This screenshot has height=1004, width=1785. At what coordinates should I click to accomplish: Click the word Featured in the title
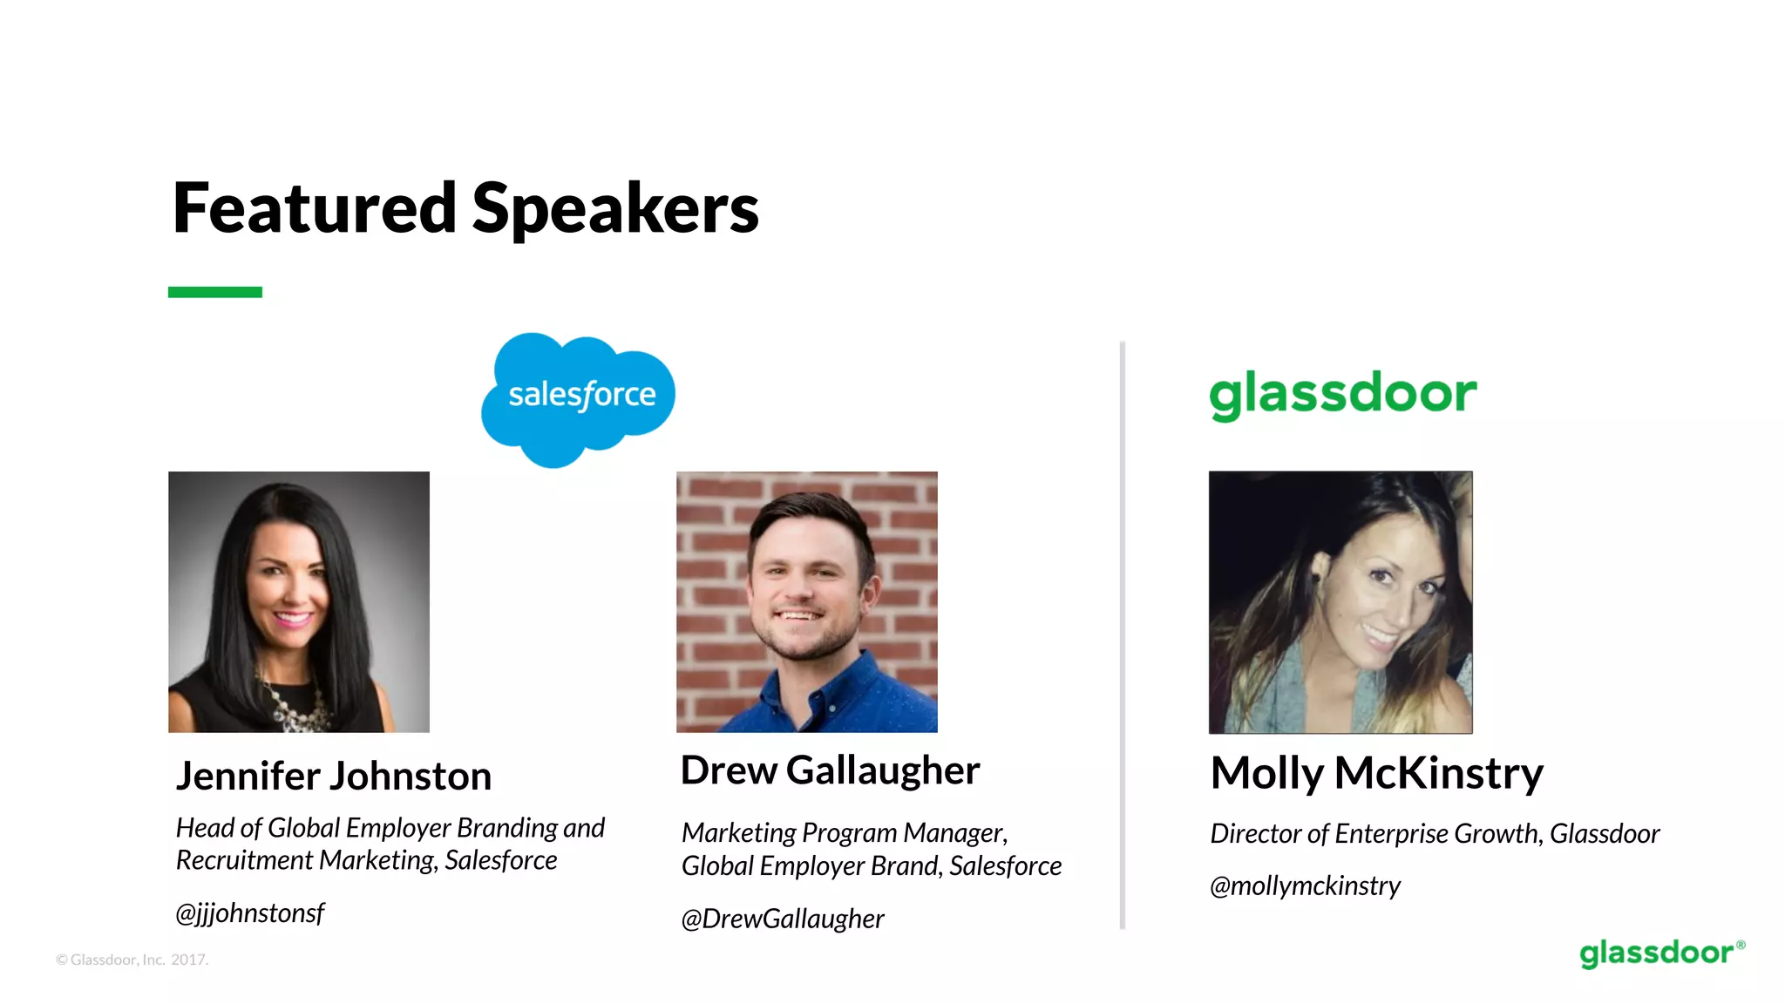click(314, 209)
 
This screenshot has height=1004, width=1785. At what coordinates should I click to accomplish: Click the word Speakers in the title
click(615, 209)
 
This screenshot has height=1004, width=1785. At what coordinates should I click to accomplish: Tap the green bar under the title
click(214, 292)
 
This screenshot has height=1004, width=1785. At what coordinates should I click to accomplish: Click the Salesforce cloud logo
click(579, 397)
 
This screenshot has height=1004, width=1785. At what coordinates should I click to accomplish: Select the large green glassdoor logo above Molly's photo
click(1342, 394)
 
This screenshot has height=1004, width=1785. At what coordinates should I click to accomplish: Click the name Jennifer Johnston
click(334, 776)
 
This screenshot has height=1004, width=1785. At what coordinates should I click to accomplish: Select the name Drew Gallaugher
click(830, 770)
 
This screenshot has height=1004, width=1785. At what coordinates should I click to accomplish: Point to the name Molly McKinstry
click(1376, 773)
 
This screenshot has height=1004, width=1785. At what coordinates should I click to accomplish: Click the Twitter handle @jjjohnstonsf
click(250, 913)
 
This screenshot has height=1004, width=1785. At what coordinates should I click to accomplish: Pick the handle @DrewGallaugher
click(782, 919)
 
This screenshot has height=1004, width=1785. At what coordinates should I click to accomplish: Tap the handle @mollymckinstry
click(1305, 886)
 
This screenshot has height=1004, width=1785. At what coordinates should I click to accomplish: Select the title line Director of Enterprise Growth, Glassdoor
click(1435, 834)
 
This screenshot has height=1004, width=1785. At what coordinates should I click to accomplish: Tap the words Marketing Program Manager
click(844, 833)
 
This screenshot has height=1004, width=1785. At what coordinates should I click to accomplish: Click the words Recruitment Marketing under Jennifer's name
click(305, 861)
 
